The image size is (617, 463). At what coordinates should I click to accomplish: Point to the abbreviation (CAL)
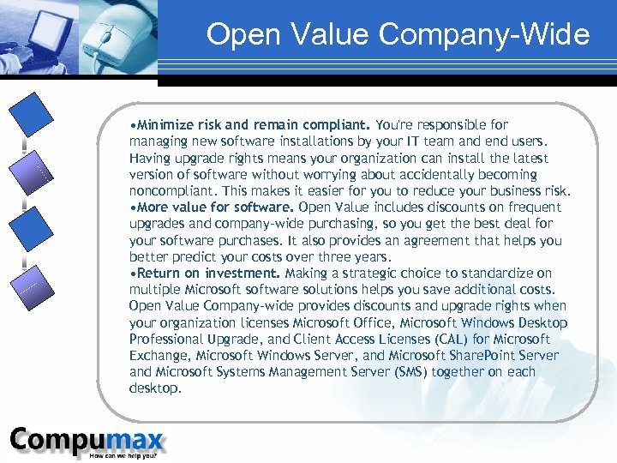click(x=436, y=340)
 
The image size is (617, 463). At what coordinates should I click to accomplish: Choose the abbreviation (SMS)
click(x=407, y=372)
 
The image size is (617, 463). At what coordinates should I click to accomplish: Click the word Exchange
click(x=159, y=356)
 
